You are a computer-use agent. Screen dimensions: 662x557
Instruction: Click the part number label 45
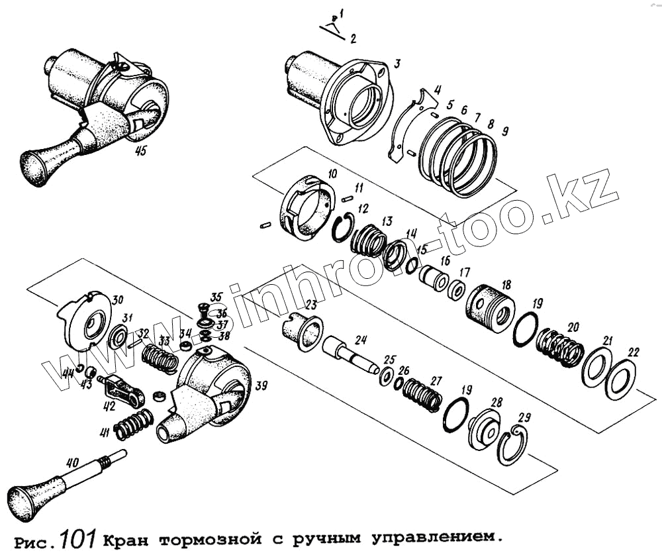click(x=140, y=151)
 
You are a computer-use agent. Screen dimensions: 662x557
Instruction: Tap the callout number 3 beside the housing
click(x=397, y=64)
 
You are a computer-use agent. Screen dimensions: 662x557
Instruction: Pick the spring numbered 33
click(x=160, y=358)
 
